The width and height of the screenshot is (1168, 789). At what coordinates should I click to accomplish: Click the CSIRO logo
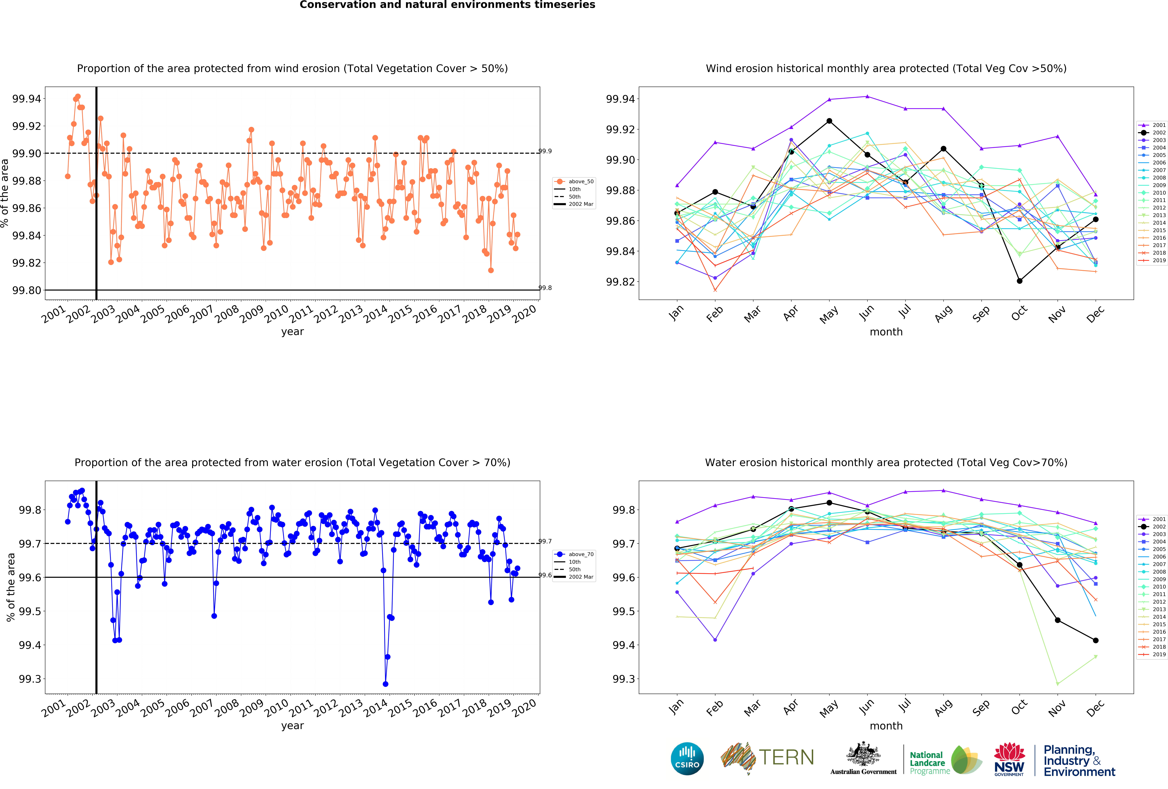click(x=687, y=758)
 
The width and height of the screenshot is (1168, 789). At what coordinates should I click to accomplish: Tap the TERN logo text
click(x=787, y=757)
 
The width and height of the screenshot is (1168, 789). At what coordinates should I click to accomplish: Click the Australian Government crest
click(x=863, y=754)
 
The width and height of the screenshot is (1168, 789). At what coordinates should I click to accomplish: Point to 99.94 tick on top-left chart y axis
click(x=27, y=98)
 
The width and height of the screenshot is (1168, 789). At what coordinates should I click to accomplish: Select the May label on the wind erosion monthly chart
click(x=829, y=315)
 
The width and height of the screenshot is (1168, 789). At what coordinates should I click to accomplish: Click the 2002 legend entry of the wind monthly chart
click(x=1152, y=133)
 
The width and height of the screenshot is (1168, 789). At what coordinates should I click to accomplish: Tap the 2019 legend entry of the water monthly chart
click(x=1152, y=654)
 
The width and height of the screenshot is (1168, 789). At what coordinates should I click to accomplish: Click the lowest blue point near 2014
click(x=386, y=684)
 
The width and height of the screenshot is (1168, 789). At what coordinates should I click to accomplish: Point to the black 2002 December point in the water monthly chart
click(x=1096, y=640)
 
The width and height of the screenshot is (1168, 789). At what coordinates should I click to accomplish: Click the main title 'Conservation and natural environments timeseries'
click(x=447, y=5)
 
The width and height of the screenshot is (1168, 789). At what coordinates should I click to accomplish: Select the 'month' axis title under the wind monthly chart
click(x=886, y=332)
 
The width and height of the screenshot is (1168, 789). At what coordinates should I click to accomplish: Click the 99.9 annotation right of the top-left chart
click(x=545, y=151)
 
